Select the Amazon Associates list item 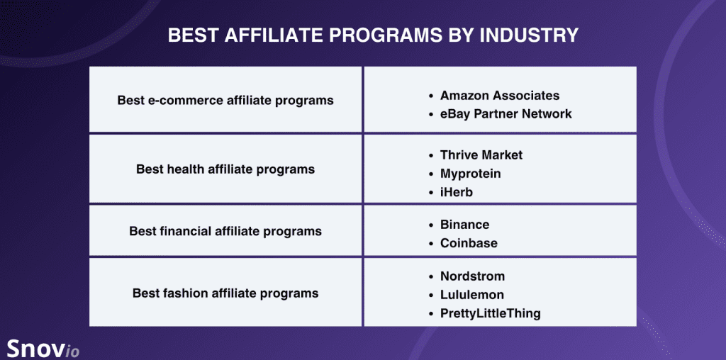point(499,95)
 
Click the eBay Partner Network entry point(506,113)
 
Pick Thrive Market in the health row point(481,154)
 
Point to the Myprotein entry point(470,173)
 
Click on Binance point(464,225)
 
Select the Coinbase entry point(469,243)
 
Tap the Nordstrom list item point(472,276)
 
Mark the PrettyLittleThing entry point(490,313)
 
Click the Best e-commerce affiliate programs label point(225,100)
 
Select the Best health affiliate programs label point(225,169)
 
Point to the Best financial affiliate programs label point(225,231)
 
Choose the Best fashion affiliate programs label point(225,293)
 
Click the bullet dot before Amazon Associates point(430,96)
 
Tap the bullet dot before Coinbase point(430,244)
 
